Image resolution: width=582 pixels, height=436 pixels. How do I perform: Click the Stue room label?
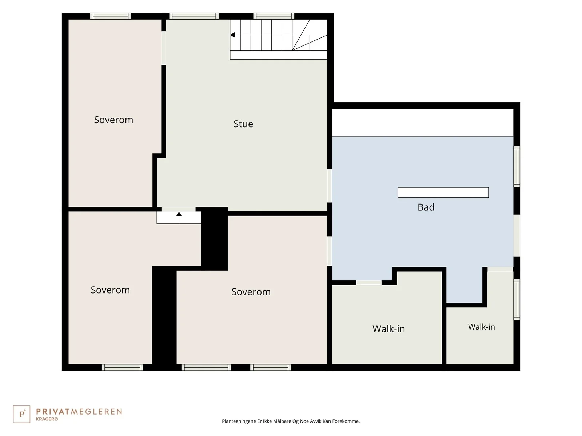tap(243, 124)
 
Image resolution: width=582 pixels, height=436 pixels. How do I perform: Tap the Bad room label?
tap(426, 207)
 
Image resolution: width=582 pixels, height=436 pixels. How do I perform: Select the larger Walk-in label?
tap(388, 329)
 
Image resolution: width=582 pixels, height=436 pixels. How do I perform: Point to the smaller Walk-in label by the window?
tap(481, 327)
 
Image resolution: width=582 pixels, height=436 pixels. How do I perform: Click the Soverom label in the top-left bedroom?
tap(113, 120)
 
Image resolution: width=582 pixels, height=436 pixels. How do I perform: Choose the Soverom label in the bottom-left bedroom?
tap(110, 290)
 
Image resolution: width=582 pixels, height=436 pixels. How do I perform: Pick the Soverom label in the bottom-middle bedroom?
tap(251, 292)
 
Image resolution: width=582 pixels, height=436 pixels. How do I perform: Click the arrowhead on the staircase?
tap(232, 35)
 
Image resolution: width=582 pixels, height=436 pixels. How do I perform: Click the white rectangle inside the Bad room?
tap(443, 193)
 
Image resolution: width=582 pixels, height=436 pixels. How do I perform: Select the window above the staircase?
tap(274, 16)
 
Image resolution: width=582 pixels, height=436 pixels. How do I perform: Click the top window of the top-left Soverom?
tap(111, 16)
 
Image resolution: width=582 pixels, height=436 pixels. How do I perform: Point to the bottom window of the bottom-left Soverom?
tap(122, 367)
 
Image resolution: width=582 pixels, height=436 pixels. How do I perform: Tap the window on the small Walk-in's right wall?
tap(517, 299)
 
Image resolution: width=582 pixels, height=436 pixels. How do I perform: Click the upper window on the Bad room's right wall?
tap(517, 166)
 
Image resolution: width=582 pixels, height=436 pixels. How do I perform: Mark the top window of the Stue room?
tap(194, 16)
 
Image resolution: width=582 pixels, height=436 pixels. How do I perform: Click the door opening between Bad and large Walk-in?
tap(369, 283)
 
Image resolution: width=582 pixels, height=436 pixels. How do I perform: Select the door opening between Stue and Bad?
tap(330, 186)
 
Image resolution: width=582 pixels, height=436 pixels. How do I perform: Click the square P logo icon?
tap(21, 414)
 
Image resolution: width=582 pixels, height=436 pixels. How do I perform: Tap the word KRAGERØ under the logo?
tap(47, 419)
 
